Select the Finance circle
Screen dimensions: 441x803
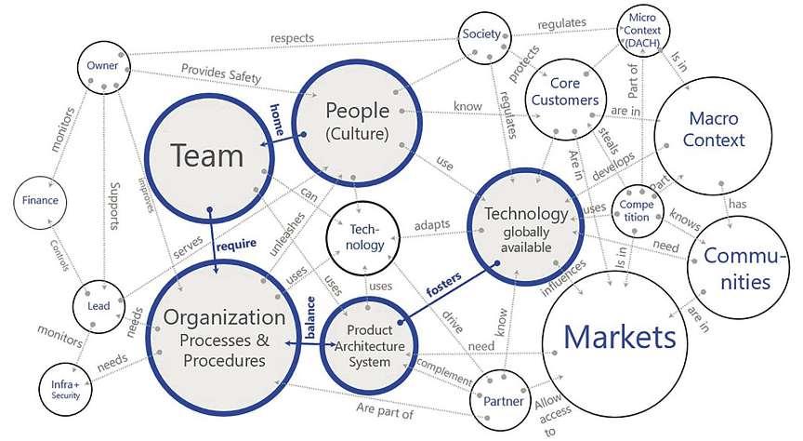click(40, 200)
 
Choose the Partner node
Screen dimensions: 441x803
click(505, 400)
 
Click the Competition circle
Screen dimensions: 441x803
click(637, 210)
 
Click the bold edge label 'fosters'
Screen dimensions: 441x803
click(444, 283)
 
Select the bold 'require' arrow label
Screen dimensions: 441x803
click(236, 246)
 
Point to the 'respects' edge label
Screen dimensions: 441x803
click(293, 38)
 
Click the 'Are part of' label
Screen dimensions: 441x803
click(384, 409)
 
